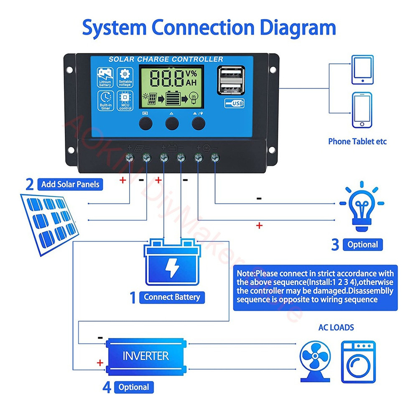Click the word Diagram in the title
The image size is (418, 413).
(x=298, y=28)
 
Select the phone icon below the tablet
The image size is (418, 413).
(x=362, y=110)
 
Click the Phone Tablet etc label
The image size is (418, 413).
(x=357, y=141)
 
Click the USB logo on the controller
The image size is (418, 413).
(x=234, y=103)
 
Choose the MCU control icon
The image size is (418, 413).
(x=125, y=101)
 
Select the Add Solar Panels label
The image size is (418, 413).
(x=70, y=184)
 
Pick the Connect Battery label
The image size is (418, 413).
(x=172, y=297)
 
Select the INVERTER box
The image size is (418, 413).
(x=146, y=356)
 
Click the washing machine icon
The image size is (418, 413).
(x=358, y=362)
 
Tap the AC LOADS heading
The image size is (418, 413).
(x=336, y=327)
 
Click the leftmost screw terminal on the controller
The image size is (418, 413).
(x=129, y=158)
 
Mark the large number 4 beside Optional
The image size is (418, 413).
(x=107, y=387)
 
